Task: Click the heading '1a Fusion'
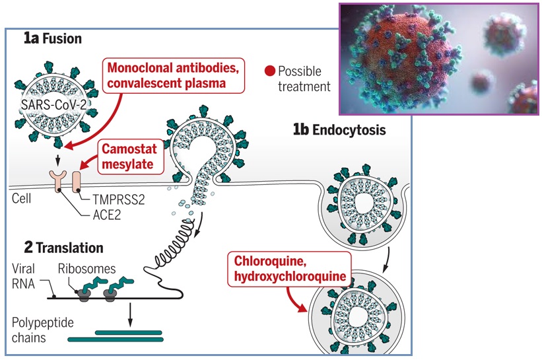[52, 38]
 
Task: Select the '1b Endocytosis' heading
[339, 129]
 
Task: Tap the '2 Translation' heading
[63, 248]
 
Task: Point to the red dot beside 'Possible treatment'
[270, 71]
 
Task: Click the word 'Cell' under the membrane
[20, 198]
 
